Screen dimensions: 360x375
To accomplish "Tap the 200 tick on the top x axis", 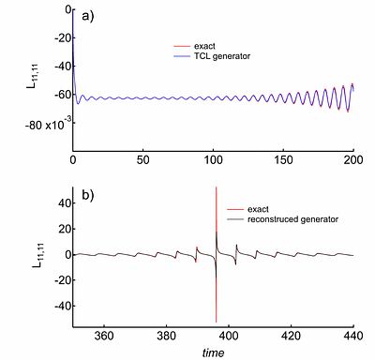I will click(353, 160).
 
